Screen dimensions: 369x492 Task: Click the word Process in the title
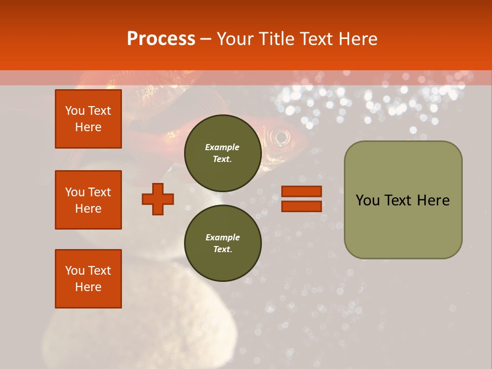(x=161, y=38)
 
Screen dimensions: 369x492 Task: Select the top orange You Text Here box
(x=88, y=119)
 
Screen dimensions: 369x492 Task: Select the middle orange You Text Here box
(x=88, y=200)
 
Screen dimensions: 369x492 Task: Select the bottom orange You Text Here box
(x=88, y=279)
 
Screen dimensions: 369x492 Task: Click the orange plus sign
(x=158, y=199)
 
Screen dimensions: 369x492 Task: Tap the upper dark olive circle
(x=222, y=153)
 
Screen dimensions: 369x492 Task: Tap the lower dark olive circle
(x=222, y=243)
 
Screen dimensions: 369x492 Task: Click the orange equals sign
(x=301, y=199)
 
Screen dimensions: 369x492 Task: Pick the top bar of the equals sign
(x=301, y=192)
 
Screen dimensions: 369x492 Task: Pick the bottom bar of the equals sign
(x=301, y=206)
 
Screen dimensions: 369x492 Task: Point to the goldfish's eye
(x=281, y=137)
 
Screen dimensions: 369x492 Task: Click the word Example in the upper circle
(x=222, y=147)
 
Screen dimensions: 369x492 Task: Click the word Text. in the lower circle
(x=222, y=249)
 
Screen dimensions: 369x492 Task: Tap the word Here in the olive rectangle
(x=433, y=200)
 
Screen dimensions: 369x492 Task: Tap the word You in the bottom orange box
(x=74, y=271)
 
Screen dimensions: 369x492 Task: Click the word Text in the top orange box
(x=99, y=111)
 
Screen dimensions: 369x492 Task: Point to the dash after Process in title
(x=206, y=39)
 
